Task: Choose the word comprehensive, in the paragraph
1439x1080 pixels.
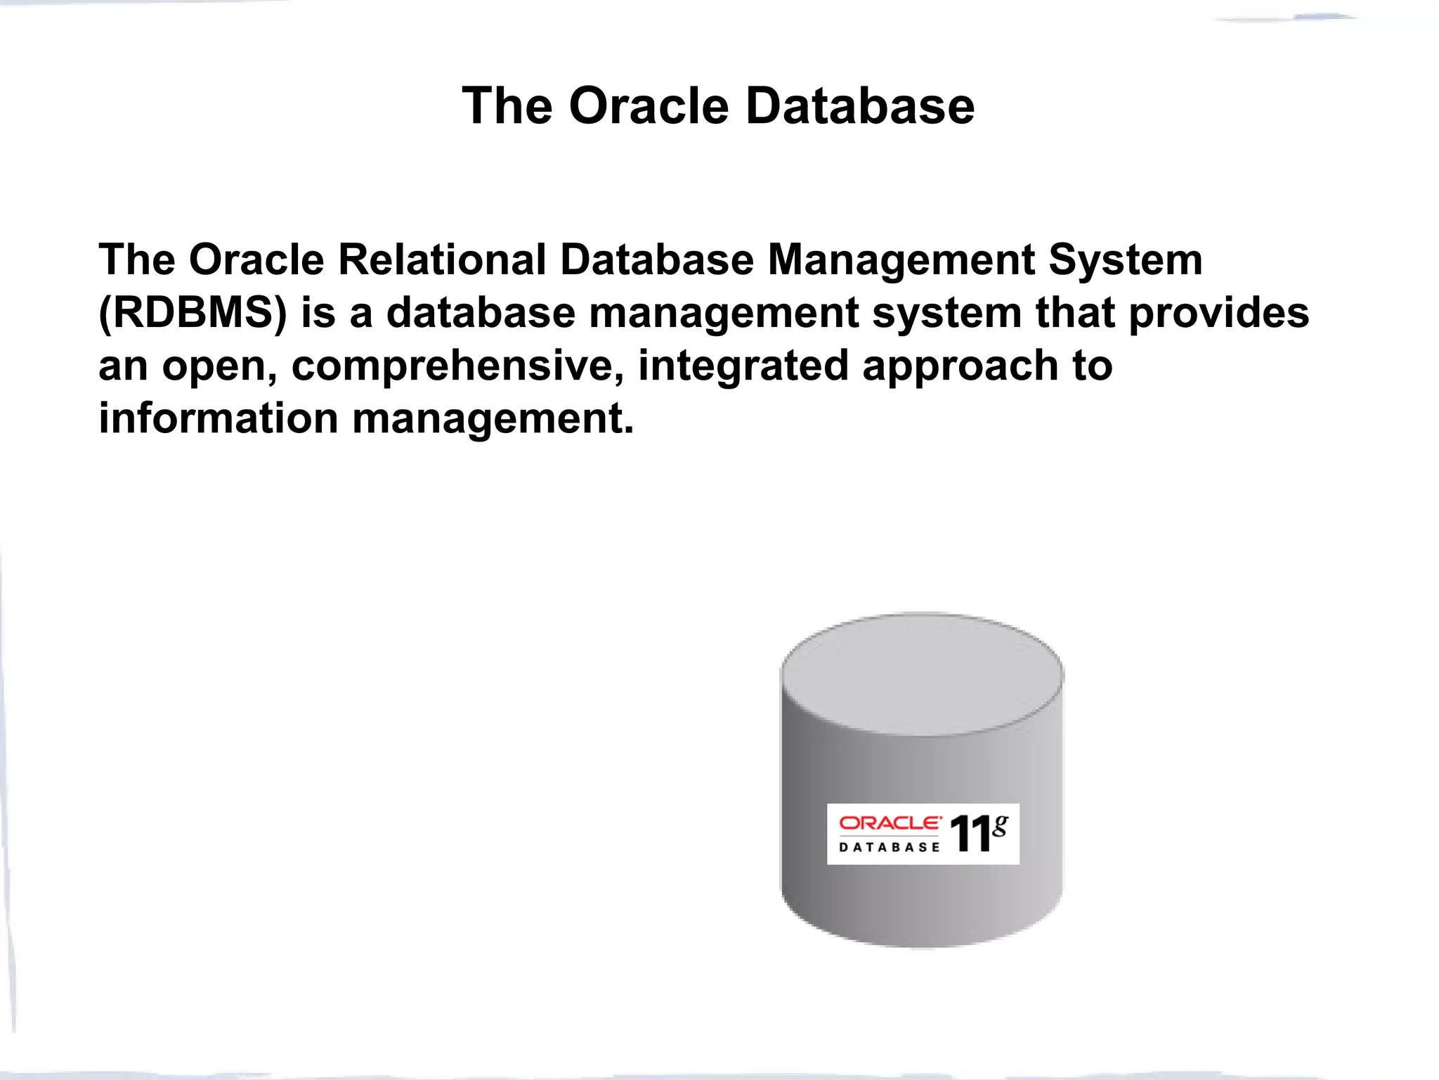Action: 457,366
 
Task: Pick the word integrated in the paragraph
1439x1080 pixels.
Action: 743,366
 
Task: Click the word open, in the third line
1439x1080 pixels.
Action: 219,366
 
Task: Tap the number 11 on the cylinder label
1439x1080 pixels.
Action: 970,835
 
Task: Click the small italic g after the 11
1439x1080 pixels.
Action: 1000,824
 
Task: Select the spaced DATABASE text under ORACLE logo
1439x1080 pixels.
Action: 890,847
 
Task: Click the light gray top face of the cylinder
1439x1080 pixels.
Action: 922,674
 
